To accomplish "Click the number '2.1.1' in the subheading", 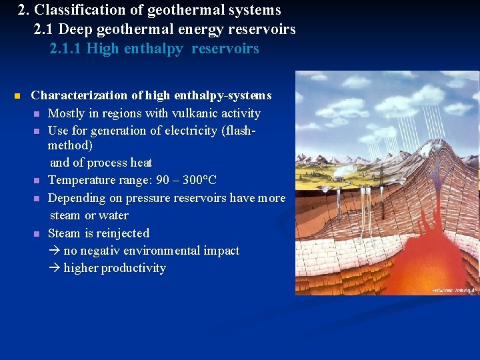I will [66, 49].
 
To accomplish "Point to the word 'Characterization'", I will [74, 95].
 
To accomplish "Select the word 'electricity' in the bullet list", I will [189, 131].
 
